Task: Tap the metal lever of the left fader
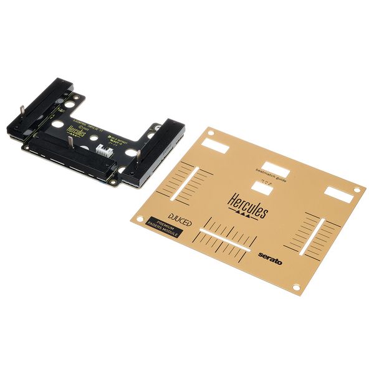point(22,113)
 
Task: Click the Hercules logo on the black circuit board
point(75,120)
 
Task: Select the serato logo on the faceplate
point(271,257)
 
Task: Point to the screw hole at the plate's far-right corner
point(357,189)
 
